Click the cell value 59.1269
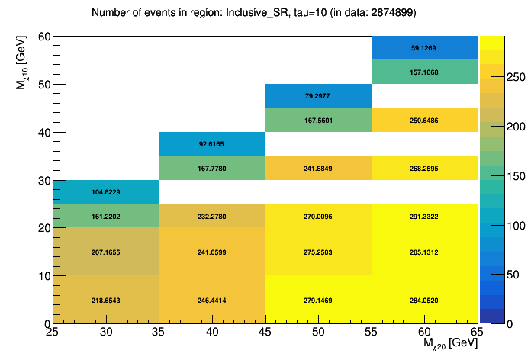(x=425, y=48)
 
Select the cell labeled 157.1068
(x=425, y=72)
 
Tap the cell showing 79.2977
(x=318, y=96)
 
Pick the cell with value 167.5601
(x=318, y=121)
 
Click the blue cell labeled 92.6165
(x=211, y=144)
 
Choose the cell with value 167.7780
(x=211, y=169)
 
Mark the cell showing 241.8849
(x=318, y=169)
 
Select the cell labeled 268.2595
(x=425, y=169)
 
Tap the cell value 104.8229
(x=105, y=192)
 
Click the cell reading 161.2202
(x=105, y=217)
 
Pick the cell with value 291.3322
(x=425, y=217)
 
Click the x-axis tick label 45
(x=265, y=332)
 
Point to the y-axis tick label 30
(x=43, y=181)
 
